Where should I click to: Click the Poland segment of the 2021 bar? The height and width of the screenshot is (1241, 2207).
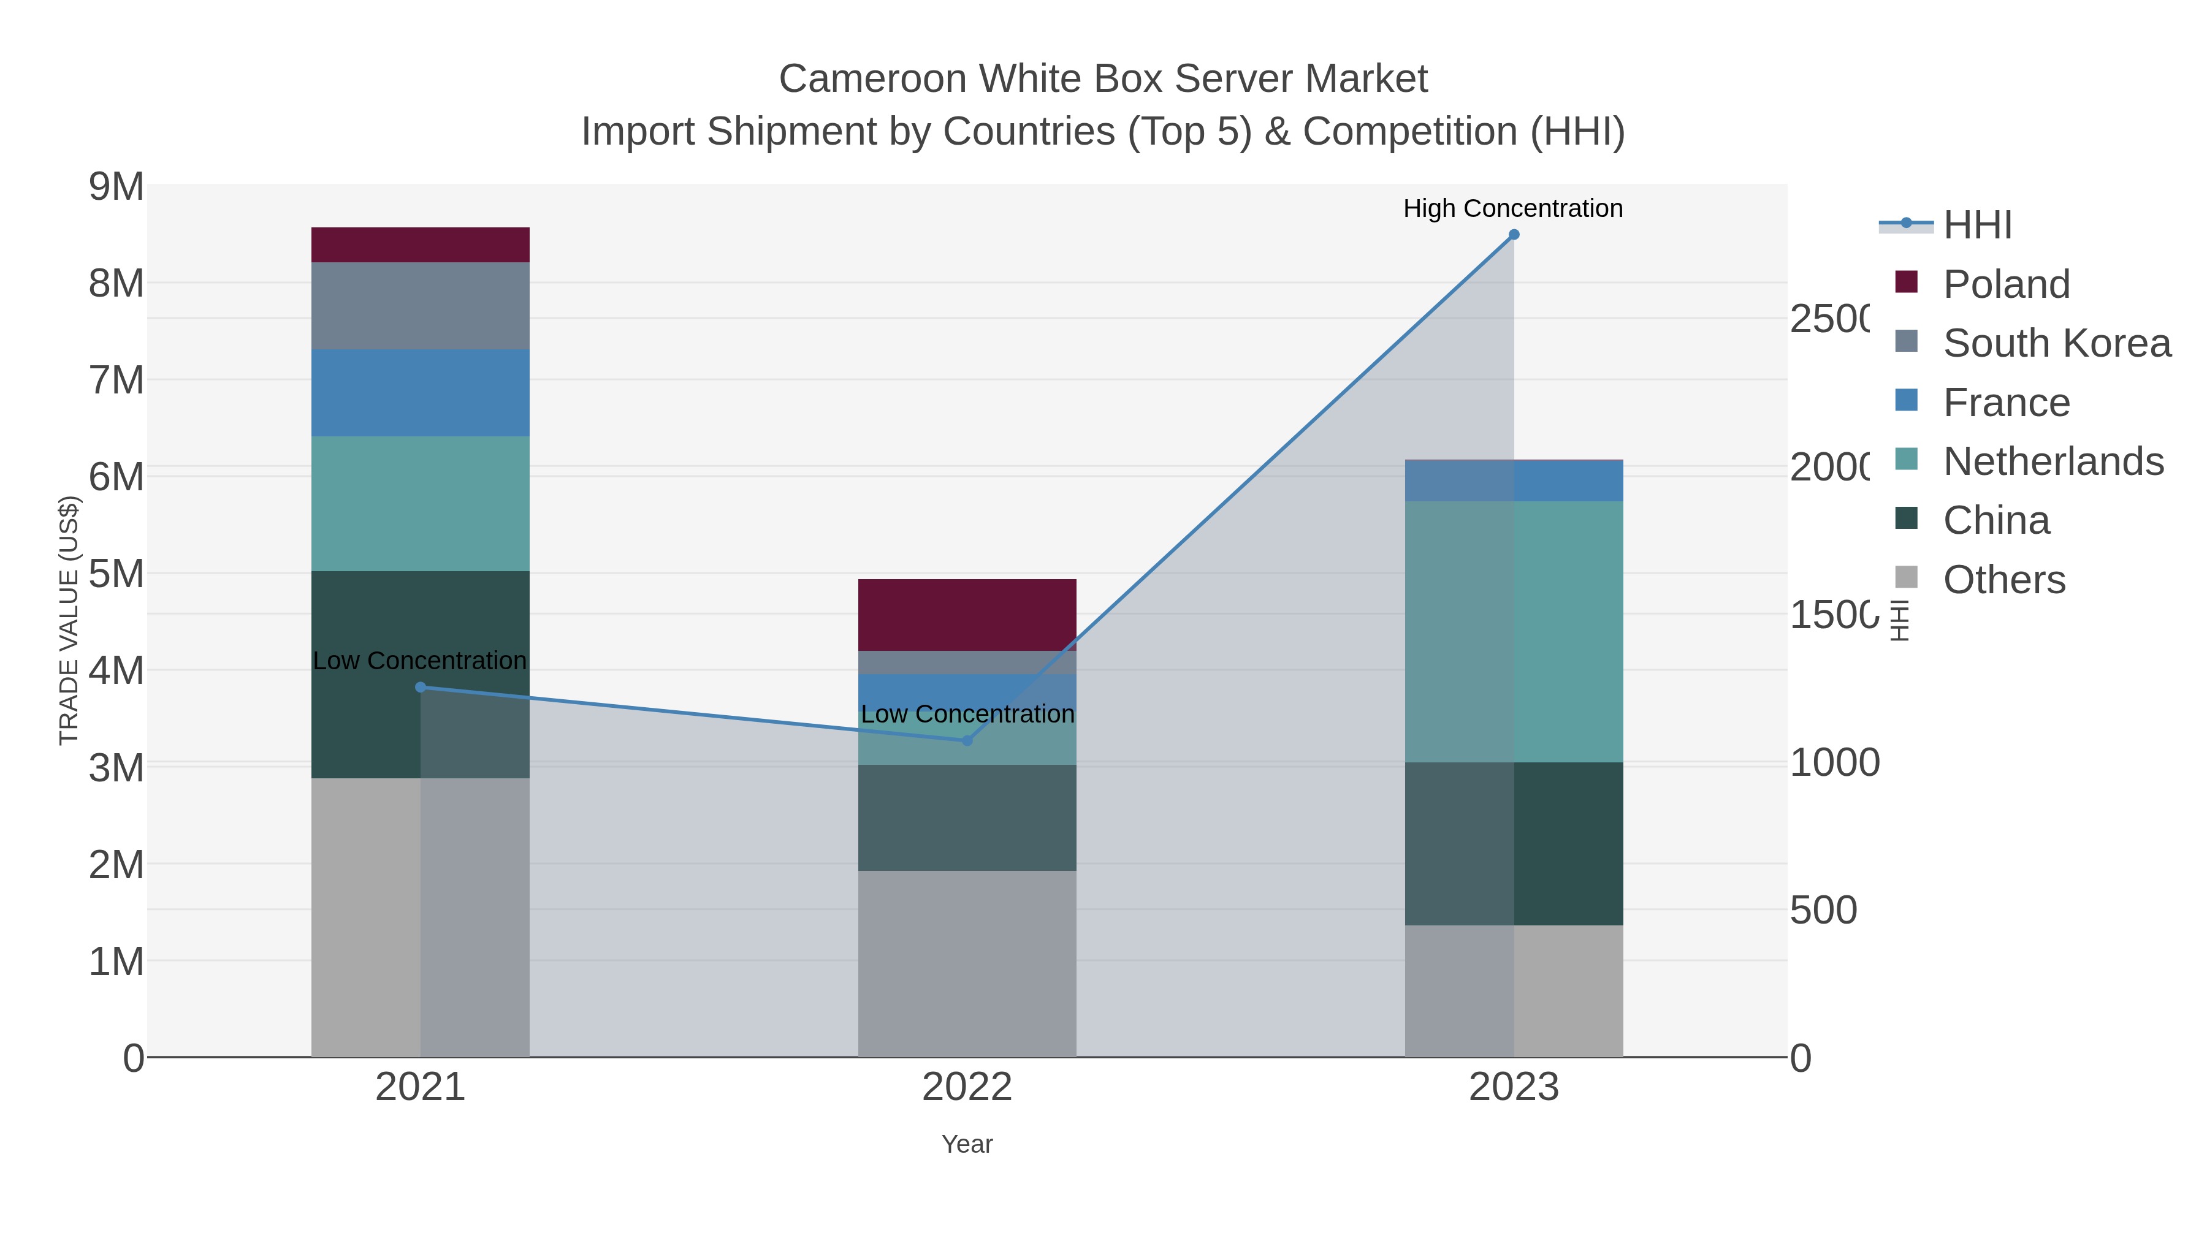coord(420,245)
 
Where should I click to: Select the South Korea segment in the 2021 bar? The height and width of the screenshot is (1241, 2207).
coord(420,306)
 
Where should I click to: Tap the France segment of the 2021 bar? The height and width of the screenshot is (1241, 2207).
coord(420,393)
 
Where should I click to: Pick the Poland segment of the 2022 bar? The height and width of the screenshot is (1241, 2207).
coord(967,615)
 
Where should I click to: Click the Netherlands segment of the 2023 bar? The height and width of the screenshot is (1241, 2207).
coord(1514,632)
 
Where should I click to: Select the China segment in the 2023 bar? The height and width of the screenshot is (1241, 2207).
coord(1514,844)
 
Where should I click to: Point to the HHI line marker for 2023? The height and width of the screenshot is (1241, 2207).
coord(1514,235)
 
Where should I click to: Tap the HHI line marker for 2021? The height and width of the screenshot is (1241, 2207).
coord(420,688)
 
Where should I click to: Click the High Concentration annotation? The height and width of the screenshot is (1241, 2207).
coord(1513,208)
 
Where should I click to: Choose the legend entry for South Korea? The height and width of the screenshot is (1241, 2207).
coord(2056,343)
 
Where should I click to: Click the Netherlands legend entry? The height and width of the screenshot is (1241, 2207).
coord(2053,461)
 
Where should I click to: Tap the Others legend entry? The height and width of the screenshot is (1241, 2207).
coord(2003,579)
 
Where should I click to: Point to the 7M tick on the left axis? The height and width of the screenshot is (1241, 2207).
coord(116,380)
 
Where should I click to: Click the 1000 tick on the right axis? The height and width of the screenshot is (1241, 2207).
coord(1834,762)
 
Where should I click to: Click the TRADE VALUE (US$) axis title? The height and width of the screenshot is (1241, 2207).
coord(69,620)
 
